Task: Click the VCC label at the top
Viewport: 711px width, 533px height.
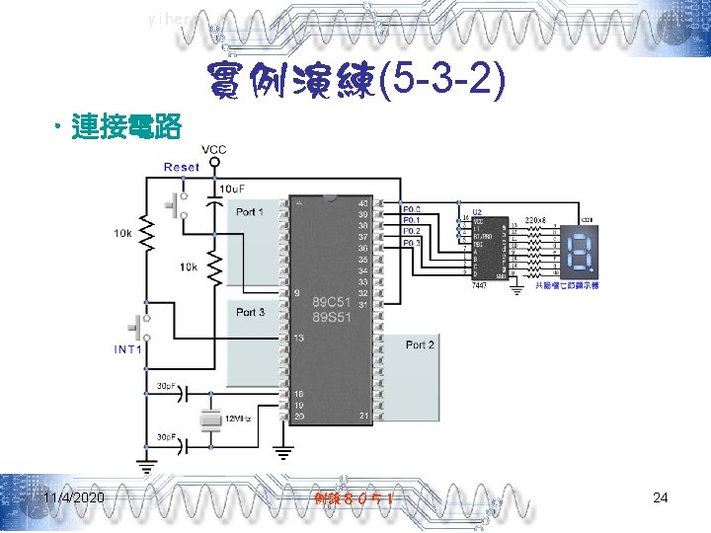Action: (214, 150)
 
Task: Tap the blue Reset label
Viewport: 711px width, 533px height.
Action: (182, 168)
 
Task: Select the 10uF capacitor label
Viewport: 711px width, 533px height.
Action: (232, 188)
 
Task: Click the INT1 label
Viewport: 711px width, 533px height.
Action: (129, 349)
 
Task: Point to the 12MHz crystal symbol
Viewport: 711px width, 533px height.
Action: (209, 420)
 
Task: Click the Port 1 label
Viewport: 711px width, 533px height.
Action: (250, 211)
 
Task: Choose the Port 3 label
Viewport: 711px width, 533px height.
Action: (250, 312)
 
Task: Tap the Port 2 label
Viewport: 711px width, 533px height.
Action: (420, 344)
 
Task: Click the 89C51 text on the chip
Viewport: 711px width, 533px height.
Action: (331, 300)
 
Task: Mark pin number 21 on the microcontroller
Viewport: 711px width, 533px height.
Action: (364, 417)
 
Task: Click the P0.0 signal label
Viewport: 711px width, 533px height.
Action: (412, 209)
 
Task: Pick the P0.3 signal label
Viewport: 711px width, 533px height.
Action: (412, 242)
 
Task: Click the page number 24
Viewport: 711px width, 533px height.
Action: (661, 498)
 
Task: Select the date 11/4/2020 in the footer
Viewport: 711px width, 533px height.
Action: (72, 498)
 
